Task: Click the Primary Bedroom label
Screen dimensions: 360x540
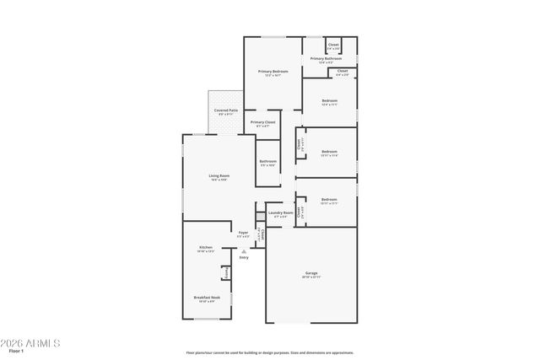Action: (x=273, y=72)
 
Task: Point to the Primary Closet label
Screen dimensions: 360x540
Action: (x=263, y=122)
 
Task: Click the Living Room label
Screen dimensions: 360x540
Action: (x=219, y=175)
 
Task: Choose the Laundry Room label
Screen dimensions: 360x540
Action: (x=281, y=212)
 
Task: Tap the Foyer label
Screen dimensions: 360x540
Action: (x=243, y=232)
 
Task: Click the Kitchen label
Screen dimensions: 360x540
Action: (x=206, y=247)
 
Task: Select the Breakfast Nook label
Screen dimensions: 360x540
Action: (x=206, y=298)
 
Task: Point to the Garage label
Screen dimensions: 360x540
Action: (x=311, y=272)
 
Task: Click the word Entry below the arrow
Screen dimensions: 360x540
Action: (x=244, y=257)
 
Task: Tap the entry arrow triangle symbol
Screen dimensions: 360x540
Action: (x=244, y=250)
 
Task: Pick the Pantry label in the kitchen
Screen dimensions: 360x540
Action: (x=225, y=272)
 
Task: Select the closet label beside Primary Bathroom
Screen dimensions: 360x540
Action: (x=333, y=44)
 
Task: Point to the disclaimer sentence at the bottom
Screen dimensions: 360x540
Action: (x=270, y=353)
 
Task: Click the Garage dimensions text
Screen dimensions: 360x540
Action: (x=311, y=277)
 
